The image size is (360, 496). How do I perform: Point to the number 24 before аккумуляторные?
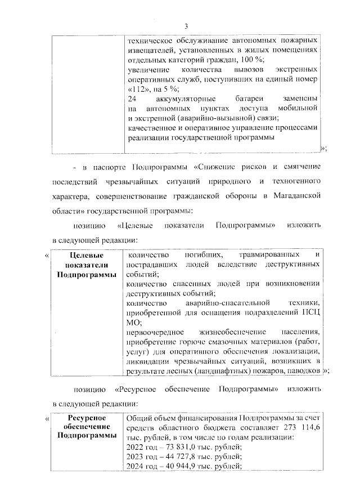point(133,99)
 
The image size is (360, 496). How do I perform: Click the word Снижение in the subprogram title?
point(223,167)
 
